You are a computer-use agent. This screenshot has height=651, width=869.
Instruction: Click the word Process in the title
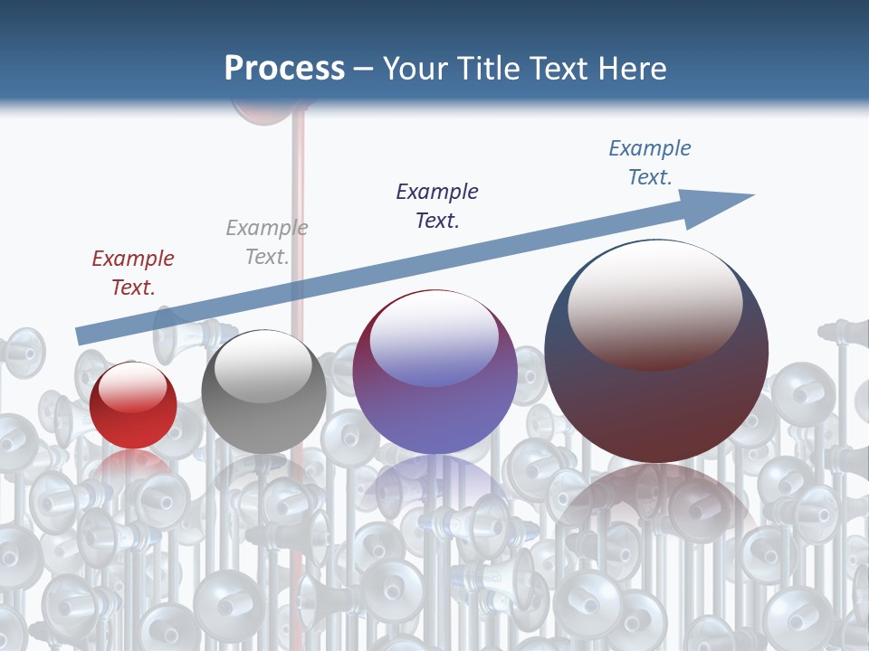tap(284, 69)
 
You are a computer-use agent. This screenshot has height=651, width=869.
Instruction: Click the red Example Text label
tap(133, 272)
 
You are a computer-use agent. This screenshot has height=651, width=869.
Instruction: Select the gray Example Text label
tap(267, 242)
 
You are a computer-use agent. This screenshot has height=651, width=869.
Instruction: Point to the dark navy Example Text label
tap(437, 205)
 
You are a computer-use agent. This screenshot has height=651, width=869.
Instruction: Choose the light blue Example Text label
tap(650, 162)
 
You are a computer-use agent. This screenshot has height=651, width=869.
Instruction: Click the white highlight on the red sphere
tap(133, 387)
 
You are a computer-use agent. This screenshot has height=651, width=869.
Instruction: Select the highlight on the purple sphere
tap(434, 339)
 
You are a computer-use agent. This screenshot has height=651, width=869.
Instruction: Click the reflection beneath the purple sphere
tap(434, 488)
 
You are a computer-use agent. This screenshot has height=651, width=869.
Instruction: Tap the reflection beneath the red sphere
tap(133, 466)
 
